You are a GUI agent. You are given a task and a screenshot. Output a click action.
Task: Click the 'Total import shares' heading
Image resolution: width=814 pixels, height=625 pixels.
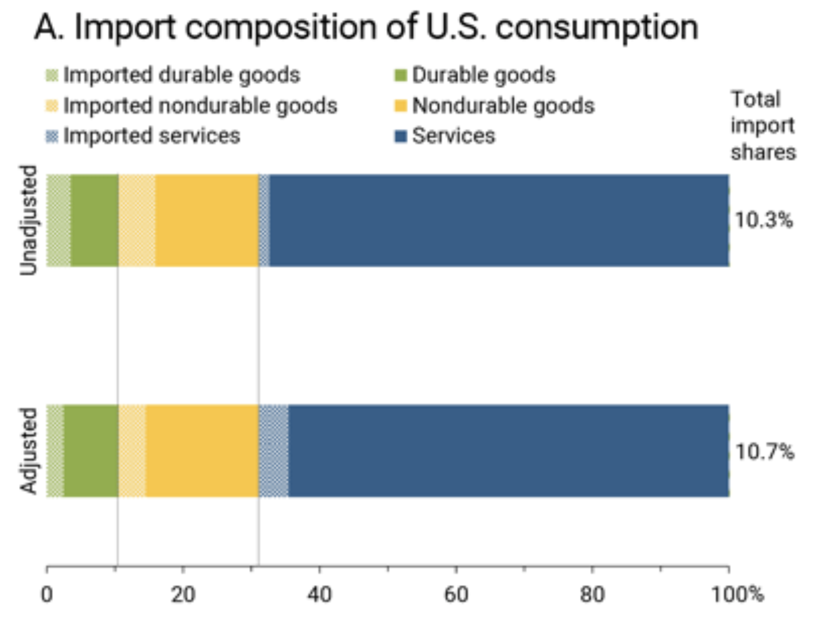[x=762, y=126]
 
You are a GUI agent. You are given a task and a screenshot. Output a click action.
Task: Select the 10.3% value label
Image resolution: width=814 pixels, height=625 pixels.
[x=763, y=220]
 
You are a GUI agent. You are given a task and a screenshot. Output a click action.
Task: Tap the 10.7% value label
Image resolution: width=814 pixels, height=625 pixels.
[x=764, y=451]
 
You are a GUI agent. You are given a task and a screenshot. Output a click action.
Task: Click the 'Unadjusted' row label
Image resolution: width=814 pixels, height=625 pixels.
[x=29, y=220]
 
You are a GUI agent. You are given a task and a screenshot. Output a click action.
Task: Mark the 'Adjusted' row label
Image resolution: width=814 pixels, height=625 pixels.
[x=29, y=451]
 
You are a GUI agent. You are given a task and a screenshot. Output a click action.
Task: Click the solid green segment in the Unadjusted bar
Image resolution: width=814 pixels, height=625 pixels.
[x=95, y=220]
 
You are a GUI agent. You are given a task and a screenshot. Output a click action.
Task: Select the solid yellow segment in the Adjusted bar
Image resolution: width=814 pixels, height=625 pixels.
[x=202, y=451]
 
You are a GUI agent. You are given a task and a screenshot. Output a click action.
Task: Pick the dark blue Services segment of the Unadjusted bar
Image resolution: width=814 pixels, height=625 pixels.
[x=499, y=220]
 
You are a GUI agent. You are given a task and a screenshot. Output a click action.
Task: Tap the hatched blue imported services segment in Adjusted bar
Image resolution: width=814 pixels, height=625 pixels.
[x=274, y=451]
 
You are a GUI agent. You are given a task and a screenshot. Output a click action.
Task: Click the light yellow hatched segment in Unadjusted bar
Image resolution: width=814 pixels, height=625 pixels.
[x=137, y=220]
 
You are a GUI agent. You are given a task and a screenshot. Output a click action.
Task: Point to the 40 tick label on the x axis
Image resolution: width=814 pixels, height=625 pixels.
[x=319, y=594]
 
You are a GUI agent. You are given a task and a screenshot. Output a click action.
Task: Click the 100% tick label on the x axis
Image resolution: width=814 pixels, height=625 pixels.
[x=737, y=594]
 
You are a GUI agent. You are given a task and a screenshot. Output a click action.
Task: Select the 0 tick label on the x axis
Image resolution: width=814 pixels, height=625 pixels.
[x=47, y=594]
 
